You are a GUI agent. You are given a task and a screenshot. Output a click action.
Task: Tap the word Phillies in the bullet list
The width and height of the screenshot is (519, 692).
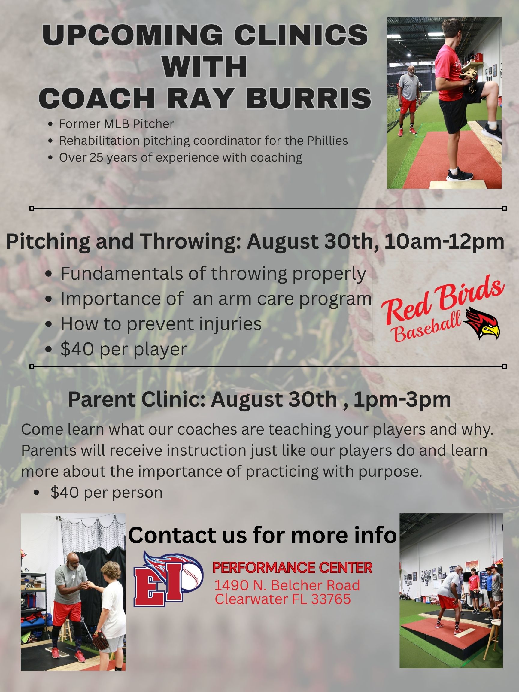point(327,141)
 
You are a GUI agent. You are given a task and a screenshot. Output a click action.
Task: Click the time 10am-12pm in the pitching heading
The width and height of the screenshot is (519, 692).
point(444,241)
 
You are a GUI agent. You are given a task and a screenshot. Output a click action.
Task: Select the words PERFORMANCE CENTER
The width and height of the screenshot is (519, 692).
point(293,568)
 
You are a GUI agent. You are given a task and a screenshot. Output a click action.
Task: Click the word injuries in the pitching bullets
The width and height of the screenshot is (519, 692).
point(229,324)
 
